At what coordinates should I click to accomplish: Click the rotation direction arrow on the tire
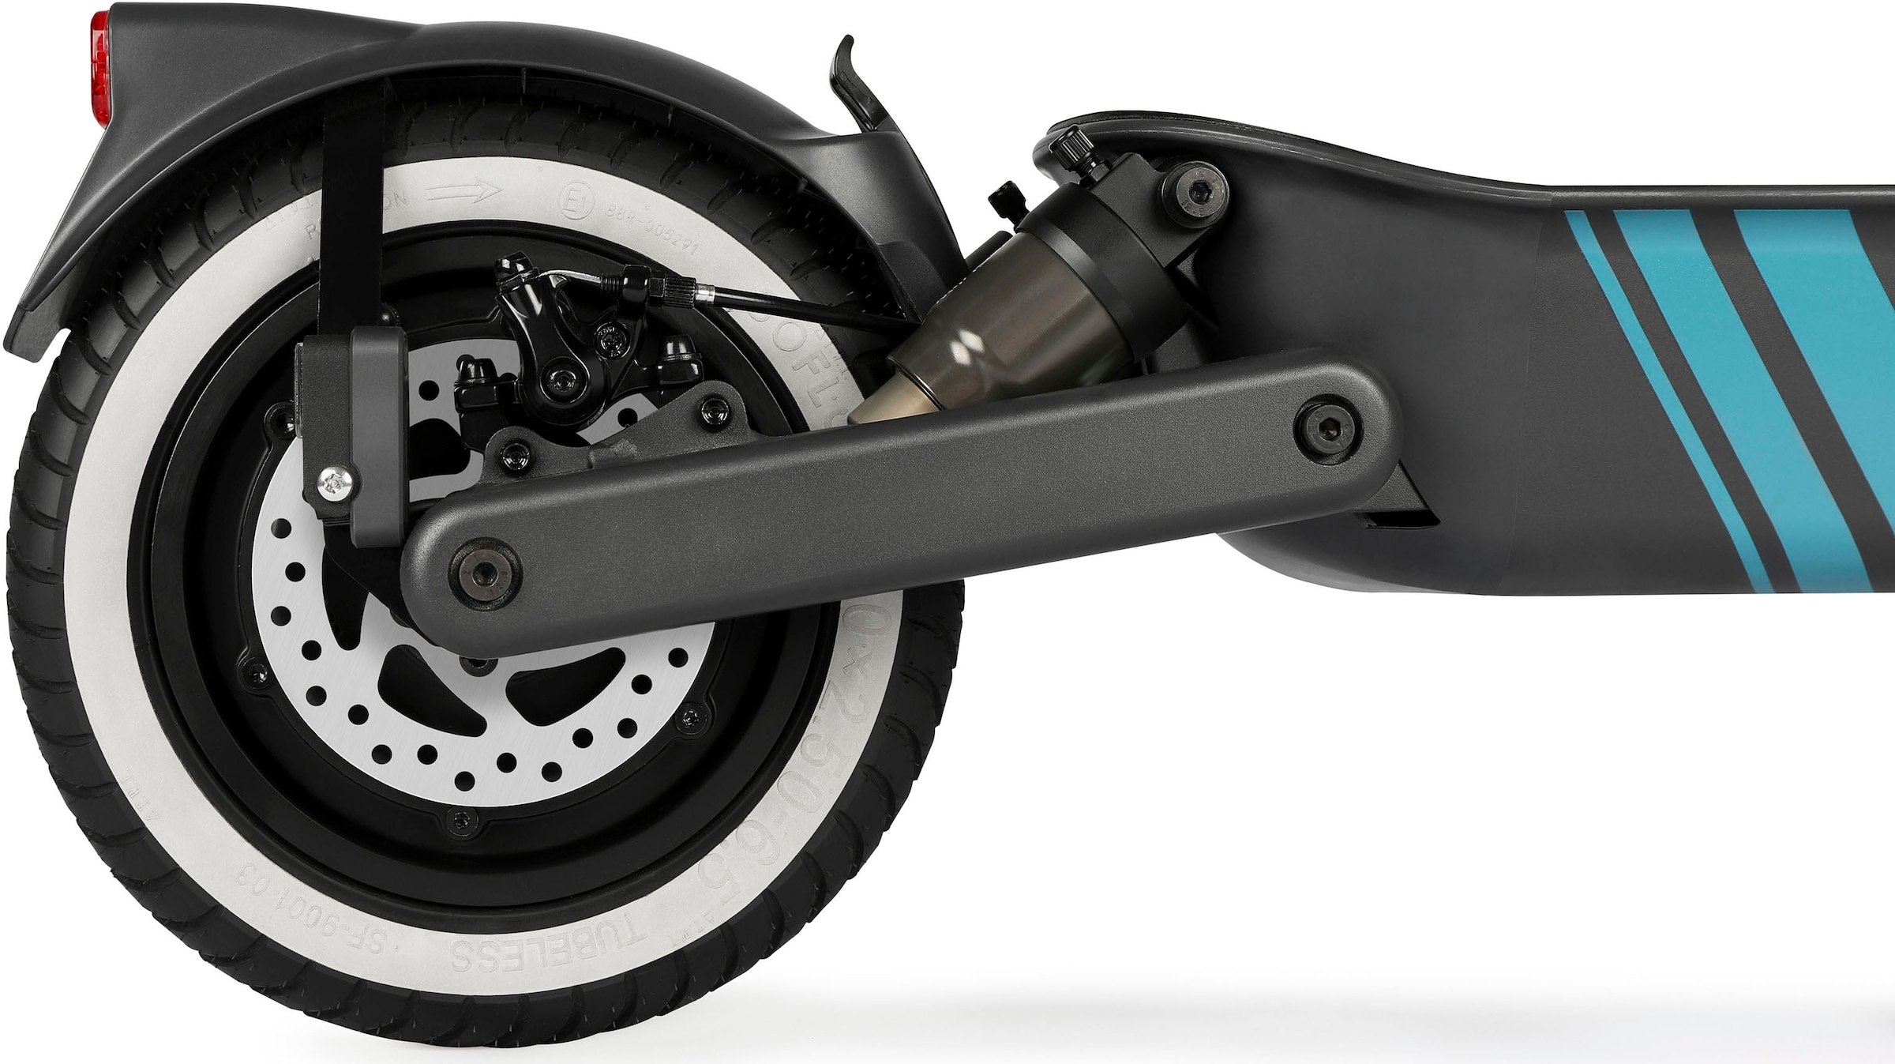pos(471,190)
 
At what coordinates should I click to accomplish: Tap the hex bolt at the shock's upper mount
pos(1198,187)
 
